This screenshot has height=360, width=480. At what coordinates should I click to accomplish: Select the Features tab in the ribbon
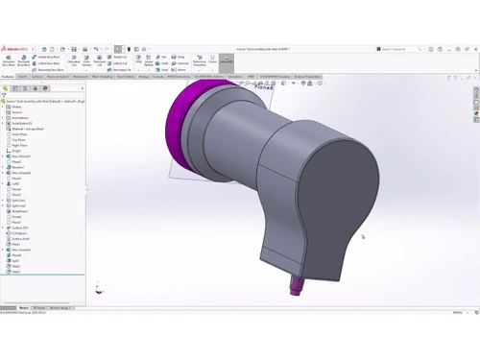(x=8, y=76)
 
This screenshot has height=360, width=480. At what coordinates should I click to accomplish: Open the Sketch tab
(x=23, y=76)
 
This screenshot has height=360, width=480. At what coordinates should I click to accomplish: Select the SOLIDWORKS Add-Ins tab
(x=209, y=76)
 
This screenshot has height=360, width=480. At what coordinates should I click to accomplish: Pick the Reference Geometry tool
(x=199, y=61)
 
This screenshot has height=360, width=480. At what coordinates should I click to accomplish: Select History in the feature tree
(x=16, y=107)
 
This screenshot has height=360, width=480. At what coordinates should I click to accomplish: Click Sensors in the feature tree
(x=16, y=112)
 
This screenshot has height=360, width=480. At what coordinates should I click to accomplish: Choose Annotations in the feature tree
(x=18, y=118)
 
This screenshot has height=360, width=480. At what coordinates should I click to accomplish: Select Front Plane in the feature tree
(x=18, y=134)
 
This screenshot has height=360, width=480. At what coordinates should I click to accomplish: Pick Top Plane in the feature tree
(x=17, y=140)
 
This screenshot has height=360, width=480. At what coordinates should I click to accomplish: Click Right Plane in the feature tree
(x=18, y=145)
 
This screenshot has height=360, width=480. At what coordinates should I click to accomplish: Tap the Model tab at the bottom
(x=24, y=308)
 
